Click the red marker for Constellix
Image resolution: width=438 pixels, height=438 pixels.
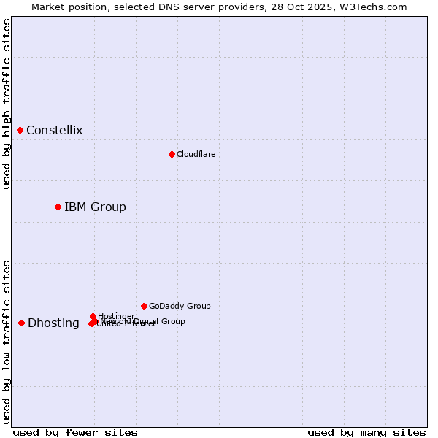pyautogui.click(x=20, y=131)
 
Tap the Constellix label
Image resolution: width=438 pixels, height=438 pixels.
pyautogui.click(x=55, y=131)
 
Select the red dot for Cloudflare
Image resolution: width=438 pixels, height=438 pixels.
pyautogui.click(x=172, y=154)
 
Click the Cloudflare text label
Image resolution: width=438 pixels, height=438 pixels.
pyautogui.click(x=196, y=154)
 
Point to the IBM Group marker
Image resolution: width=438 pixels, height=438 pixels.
pyautogui.click(x=58, y=207)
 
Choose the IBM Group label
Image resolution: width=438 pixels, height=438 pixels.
pyautogui.click(x=95, y=207)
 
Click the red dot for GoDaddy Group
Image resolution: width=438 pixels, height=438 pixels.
pyautogui.click(x=144, y=306)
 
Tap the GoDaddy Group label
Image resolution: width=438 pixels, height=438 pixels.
pyautogui.click(x=180, y=306)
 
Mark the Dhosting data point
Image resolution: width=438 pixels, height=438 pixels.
pyautogui.click(x=22, y=323)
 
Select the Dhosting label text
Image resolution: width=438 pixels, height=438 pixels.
pyautogui.click(x=53, y=323)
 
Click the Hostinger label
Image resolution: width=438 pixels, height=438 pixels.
pyautogui.click(x=116, y=316)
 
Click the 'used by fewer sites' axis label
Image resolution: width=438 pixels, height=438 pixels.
pyautogui.click(x=75, y=432)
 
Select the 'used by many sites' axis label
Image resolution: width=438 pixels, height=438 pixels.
pyautogui.click(x=366, y=432)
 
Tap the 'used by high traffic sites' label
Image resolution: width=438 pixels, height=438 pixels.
pyautogui.click(x=7, y=104)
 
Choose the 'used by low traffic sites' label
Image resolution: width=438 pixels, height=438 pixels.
pyautogui.click(x=7, y=342)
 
